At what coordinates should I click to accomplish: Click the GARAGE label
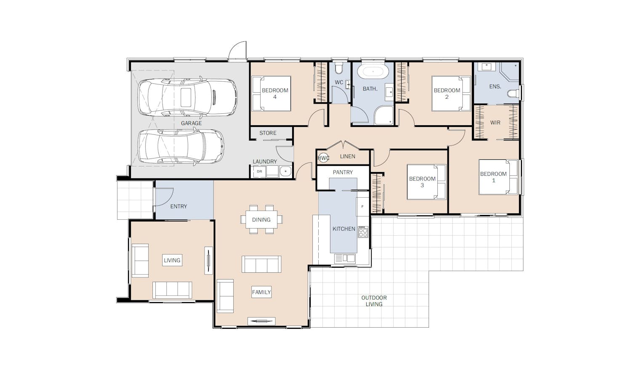pos(192,123)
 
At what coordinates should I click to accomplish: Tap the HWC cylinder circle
pos(323,158)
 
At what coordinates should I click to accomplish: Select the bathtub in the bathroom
pos(373,72)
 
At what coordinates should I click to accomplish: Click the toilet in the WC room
pos(339,68)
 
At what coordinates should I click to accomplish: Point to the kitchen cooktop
pos(363,232)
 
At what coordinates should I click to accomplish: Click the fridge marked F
pos(362,207)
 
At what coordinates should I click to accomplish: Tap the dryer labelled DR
pos(259,172)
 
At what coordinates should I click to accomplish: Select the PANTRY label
pos(343,172)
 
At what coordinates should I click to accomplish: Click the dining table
pos(261,220)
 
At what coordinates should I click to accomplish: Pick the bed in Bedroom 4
pos(272,94)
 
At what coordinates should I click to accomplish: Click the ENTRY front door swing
pos(164,196)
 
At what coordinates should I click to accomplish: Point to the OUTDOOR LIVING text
pos(374,301)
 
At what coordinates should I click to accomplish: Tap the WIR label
pos(495,123)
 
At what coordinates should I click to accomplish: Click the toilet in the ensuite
pos(514,94)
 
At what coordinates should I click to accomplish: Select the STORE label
pos(268,133)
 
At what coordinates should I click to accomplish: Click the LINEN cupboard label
pos(348,156)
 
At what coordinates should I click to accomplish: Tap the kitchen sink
pos(345,258)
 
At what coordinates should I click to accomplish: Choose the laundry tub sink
pos(285,171)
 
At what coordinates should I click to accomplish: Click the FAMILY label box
pos(261,292)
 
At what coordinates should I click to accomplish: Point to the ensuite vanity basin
pos(487,67)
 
